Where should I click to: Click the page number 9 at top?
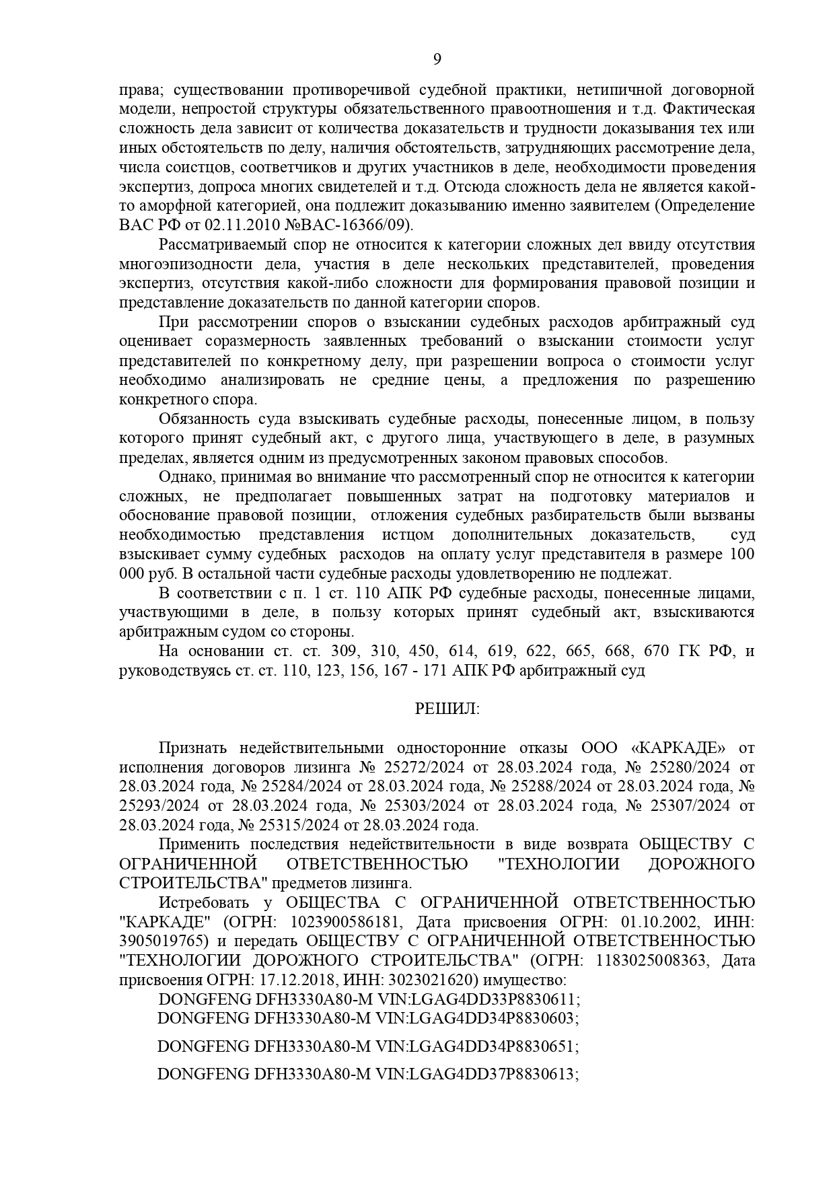pyautogui.click(x=437, y=59)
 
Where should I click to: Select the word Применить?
pyautogui.click(x=200, y=845)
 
